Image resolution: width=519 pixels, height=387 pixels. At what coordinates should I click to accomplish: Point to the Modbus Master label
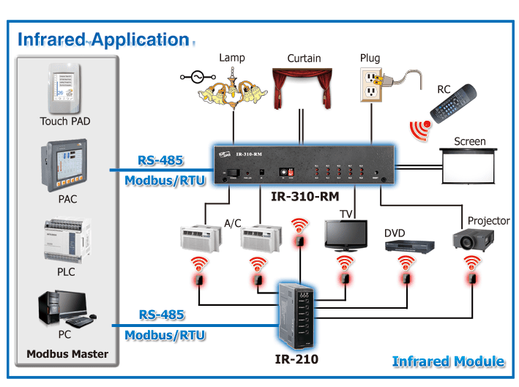(67, 354)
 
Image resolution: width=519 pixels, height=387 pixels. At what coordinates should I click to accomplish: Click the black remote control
(453, 103)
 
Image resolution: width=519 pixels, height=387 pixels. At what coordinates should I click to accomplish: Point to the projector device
(473, 238)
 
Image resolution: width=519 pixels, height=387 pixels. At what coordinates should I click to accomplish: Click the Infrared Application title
(104, 40)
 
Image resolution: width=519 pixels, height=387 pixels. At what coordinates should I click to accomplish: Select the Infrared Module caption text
(447, 361)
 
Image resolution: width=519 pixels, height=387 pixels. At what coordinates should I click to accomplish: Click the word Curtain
(303, 58)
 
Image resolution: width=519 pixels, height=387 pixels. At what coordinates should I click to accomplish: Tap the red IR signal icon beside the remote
(419, 129)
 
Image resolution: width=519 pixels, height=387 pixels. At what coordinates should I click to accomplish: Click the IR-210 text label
(296, 359)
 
